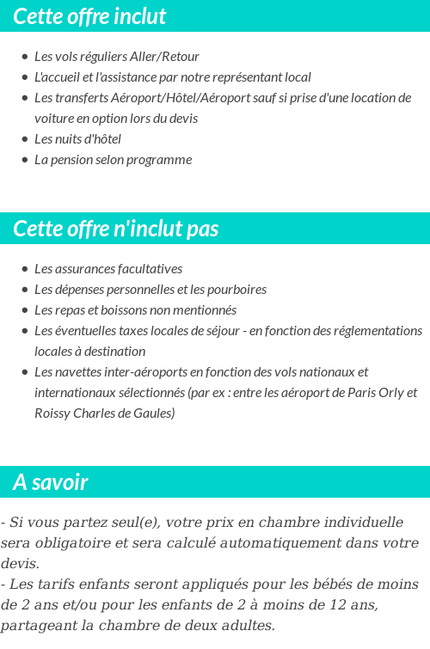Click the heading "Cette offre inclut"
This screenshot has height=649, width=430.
click(x=89, y=16)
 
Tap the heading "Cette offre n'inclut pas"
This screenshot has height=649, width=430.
click(x=116, y=229)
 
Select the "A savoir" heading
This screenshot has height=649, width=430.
click(x=51, y=482)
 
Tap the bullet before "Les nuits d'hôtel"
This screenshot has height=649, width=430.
click(x=25, y=139)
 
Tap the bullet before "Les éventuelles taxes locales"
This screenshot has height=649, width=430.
click(x=25, y=331)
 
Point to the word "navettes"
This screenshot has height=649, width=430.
click(x=76, y=372)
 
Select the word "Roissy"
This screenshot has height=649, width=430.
click(x=52, y=413)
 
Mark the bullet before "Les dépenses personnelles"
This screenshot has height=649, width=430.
click(x=25, y=290)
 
